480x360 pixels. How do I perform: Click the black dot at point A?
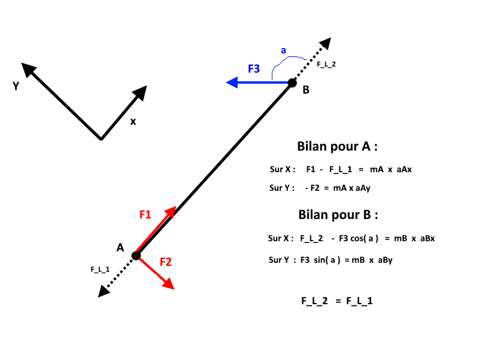[136, 256]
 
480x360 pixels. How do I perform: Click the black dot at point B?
[292, 83]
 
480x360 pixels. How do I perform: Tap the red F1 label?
[145, 214]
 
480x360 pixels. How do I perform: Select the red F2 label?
[166, 262]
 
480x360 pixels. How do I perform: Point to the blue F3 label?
[254, 68]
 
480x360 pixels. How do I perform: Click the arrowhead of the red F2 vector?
[168, 284]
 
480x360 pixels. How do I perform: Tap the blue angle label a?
[283, 51]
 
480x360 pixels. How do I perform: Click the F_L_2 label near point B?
[326, 64]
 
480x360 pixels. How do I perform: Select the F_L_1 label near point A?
[100, 269]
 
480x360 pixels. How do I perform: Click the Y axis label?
[16, 86]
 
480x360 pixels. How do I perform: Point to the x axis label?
[133, 121]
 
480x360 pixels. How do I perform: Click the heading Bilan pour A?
[338, 146]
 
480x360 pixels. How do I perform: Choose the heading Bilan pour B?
[338, 215]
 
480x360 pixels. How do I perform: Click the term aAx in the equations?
[404, 170]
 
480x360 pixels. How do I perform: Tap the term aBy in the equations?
[384, 260]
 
